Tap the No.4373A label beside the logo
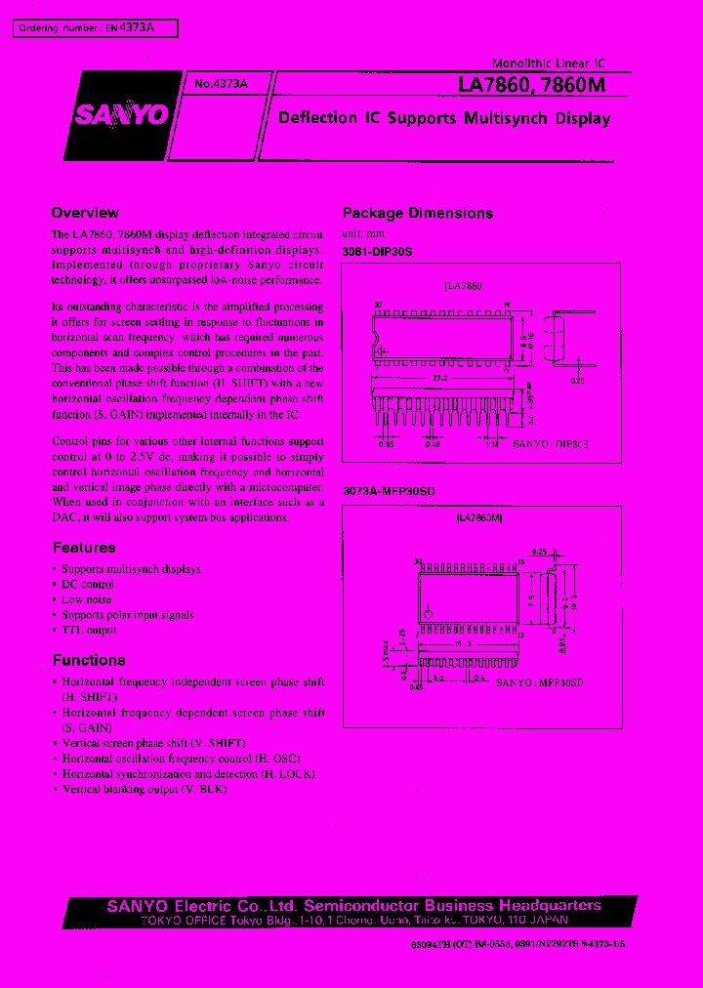(222, 85)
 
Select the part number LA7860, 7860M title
(531, 86)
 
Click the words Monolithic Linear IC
(548, 62)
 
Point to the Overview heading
(85, 213)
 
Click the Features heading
(84, 548)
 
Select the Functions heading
(89, 660)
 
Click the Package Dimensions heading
(417, 213)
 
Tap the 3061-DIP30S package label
(378, 252)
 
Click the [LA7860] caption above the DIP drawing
(463, 286)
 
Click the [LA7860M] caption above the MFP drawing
(479, 520)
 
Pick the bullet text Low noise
(87, 599)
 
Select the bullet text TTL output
(89, 631)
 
